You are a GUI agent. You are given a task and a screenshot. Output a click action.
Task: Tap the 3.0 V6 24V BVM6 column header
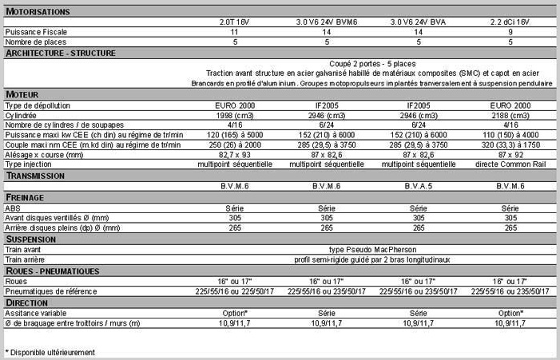[327, 22]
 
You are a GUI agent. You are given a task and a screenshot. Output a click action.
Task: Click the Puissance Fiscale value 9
[510, 32]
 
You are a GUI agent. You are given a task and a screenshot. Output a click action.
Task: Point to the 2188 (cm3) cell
[510, 115]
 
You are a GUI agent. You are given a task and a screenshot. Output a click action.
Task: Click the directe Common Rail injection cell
[510, 164]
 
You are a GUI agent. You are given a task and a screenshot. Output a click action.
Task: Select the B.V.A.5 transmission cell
[419, 185]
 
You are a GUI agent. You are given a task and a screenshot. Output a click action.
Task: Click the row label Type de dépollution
[38, 105]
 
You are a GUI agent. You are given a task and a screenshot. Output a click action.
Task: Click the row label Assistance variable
[37, 313]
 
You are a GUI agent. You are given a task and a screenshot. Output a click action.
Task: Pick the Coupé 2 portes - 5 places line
[371, 63]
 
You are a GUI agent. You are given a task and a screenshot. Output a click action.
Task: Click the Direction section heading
[30, 303]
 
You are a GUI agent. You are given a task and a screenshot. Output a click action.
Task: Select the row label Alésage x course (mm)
[43, 154]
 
